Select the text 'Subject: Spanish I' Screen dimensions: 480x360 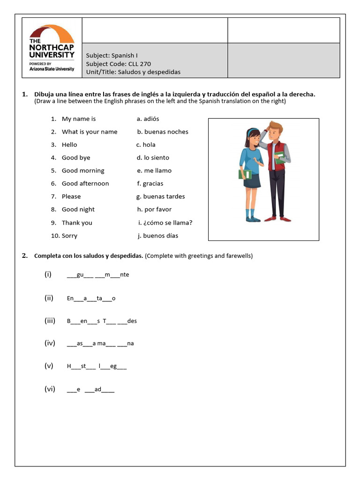click(112, 55)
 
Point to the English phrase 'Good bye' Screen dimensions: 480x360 click(76, 157)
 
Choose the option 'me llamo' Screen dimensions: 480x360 click(157, 171)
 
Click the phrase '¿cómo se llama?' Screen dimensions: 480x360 click(168, 223)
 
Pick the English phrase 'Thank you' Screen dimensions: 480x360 click(77, 223)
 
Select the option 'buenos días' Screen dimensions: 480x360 click(160, 236)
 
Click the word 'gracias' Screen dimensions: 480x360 click(153, 184)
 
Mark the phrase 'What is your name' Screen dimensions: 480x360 click(90, 132)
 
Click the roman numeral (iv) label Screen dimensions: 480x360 click(50, 343)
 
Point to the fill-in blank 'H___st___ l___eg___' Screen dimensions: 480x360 click(97, 367)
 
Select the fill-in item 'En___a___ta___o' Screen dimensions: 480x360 click(91, 299)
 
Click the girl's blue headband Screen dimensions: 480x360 click(253, 130)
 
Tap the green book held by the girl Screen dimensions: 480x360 click(245, 174)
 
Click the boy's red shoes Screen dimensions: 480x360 click(277, 218)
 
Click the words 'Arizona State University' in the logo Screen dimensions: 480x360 click(52, 69)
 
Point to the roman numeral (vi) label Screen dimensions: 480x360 click(50, 389)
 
